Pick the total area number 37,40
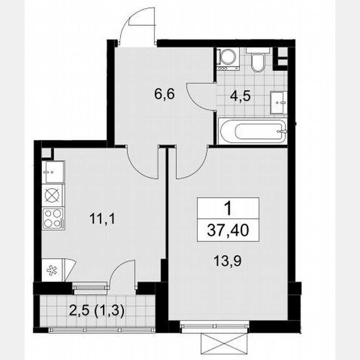click(228, 230)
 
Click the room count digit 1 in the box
click(228, 207)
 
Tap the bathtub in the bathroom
click(252, 131)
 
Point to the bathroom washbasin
click(279, 102)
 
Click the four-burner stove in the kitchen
click(53, 217)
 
